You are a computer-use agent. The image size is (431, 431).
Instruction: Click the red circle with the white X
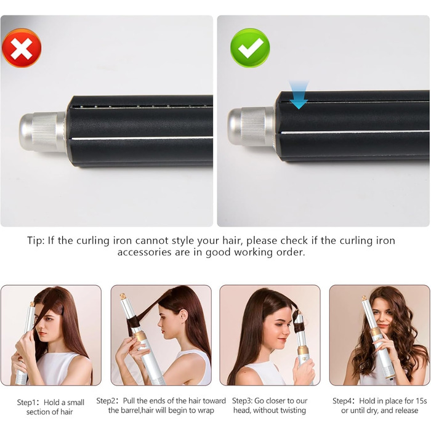[x=22, y=48]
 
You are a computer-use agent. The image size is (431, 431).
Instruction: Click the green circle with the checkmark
[x=250, y=48]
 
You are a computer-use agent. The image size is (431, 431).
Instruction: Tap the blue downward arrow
[x=299, y=95]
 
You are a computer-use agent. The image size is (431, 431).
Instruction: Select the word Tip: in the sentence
[x=36, y=241]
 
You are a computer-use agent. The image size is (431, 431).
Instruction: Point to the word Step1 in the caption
[x=26, y=403]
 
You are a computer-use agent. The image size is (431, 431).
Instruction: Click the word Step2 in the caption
[x=106, y=401]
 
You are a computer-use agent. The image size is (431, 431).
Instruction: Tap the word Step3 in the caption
[x=241, y=401]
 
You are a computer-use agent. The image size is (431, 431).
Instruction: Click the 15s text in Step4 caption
[x=421, y=401]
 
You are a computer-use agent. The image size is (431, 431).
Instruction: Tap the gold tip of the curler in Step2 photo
[x=123, y=297]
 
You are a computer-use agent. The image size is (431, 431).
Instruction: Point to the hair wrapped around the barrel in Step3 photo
[x=298, y=321]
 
